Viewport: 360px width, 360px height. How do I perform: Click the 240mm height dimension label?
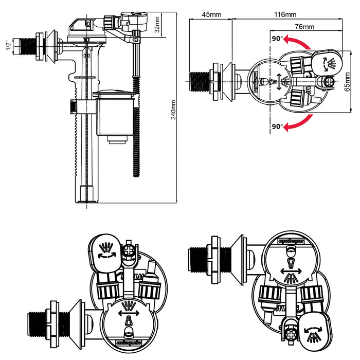[173, 111]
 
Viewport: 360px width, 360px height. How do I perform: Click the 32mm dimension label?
[157, 24]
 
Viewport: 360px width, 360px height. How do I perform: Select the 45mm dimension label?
[211, 14]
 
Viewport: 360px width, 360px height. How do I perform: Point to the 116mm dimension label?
[285, 14]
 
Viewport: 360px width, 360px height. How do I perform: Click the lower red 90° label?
[278, 126]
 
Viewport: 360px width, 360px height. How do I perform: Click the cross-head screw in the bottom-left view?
[129, 250]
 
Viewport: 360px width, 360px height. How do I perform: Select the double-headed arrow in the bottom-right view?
[291, 271]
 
